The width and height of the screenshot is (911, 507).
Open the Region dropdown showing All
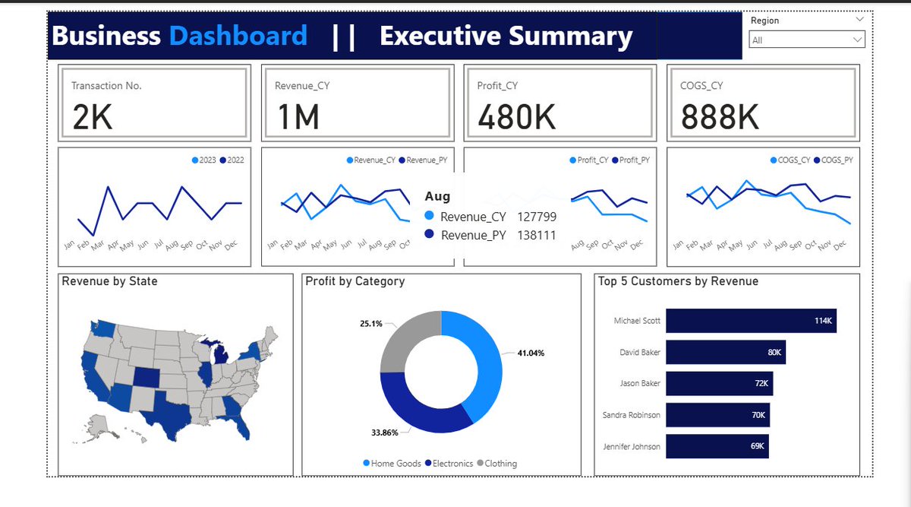coord(806,40)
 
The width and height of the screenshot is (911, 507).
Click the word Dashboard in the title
coord(238,36)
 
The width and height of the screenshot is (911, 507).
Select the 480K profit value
coord(517,116)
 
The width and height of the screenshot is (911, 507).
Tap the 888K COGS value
coord(720,116)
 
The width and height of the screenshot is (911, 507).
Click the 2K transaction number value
coord(93,116)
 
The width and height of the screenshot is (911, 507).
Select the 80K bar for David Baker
coord(726,352)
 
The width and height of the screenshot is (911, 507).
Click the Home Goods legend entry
coord(392,463)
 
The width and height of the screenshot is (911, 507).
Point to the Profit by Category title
coord(355,281)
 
